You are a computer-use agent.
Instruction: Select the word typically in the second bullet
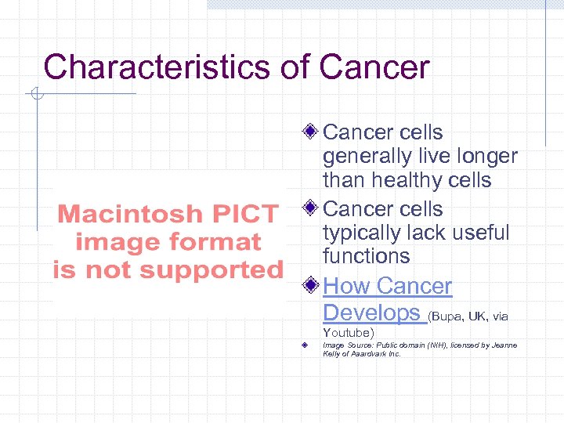pos(367,233)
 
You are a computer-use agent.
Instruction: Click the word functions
pos(366,256)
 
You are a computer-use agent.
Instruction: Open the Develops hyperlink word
pos(371,313)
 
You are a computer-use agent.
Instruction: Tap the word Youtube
pos(349,333)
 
